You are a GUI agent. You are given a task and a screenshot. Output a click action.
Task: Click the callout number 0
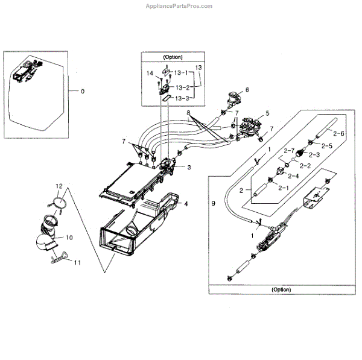tap(83, 91)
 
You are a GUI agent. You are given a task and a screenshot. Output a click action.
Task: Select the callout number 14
tap(148, 74)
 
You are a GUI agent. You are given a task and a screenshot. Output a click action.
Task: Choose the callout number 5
tap(267, 113)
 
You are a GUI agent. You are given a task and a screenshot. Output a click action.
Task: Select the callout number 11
tap(77, 263)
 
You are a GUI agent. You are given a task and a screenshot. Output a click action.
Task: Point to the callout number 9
tap(214, 204)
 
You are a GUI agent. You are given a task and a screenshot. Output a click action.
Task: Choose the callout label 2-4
tap(293, 175)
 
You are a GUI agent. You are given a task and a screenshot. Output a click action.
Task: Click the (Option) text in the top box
tap(172, 57)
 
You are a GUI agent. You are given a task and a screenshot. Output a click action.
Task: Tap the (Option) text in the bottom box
tap(281, 289)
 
